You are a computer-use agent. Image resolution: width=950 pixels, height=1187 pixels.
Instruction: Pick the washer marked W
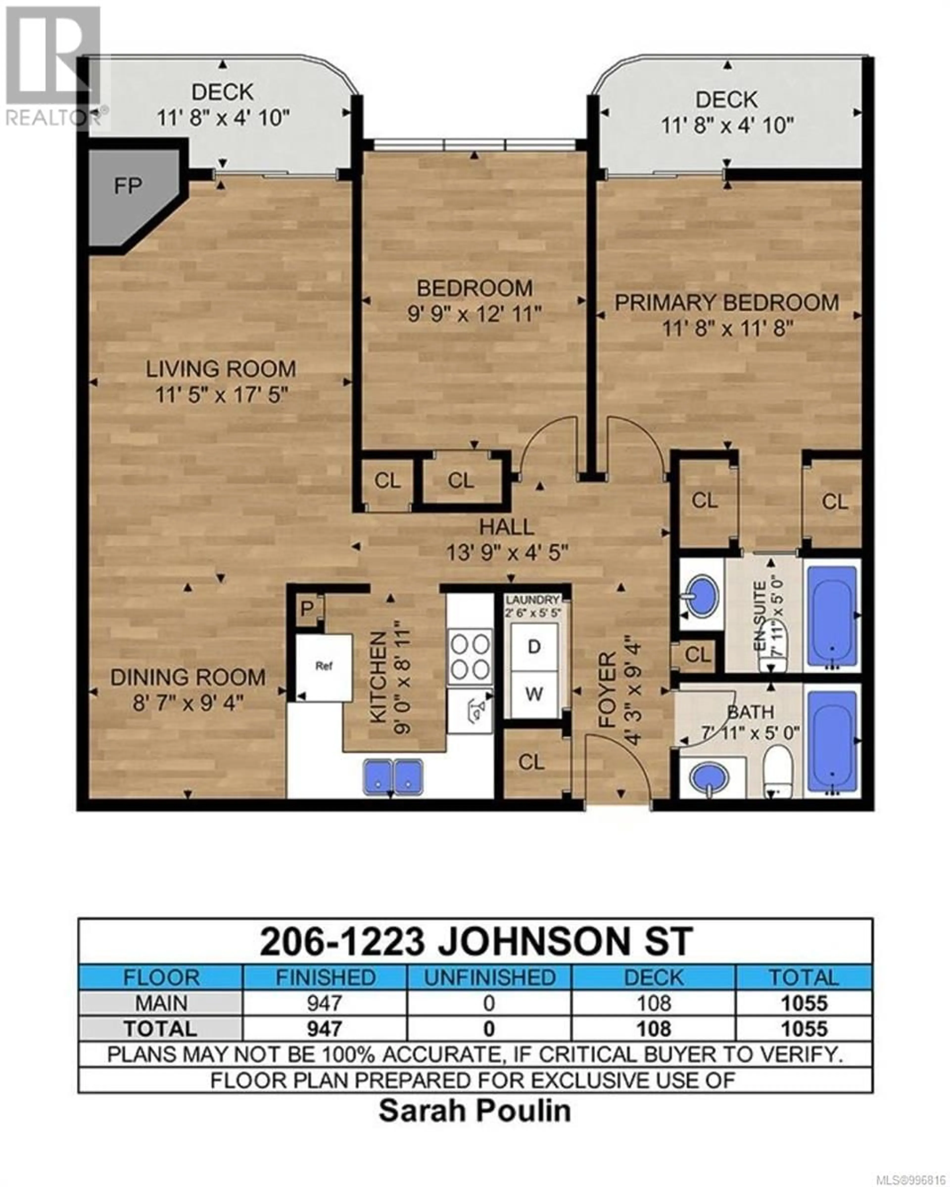pyautogui.click(x=534, y=694)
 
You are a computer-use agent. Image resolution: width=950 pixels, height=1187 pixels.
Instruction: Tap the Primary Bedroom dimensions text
pyautogui.click(x=727, y=329)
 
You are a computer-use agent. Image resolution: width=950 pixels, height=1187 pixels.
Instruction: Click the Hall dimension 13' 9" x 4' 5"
pyautogui.click(x=507, y=552)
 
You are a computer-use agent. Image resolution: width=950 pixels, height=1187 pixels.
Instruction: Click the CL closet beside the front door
pyautogui.click(x=531, y=762)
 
